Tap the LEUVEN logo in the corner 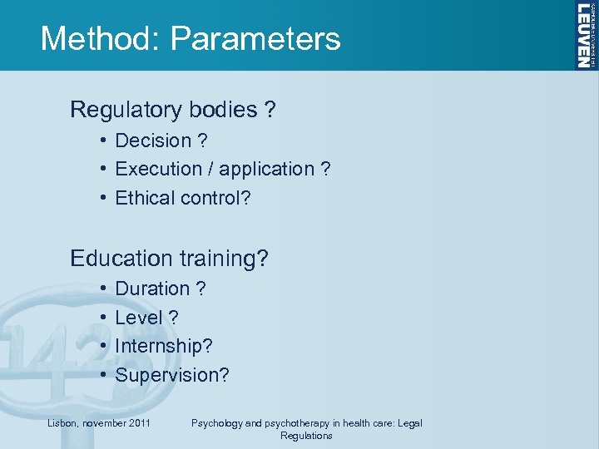click(585, 35)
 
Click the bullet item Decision click(151, 141)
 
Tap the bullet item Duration click(152, 289)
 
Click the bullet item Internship click(159, 347)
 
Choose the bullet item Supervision click(171, 375)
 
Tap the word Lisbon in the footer click(61, 423)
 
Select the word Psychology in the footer click(219, 423)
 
